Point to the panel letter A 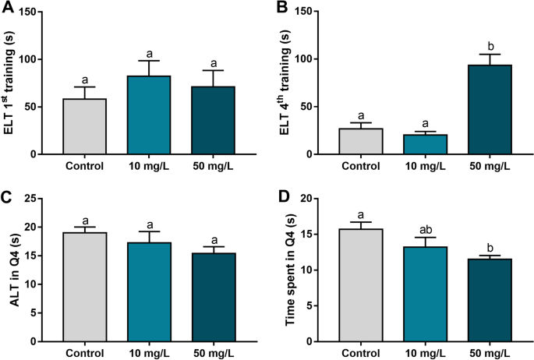pos(8,9)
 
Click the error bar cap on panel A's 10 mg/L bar pos(148,61)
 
